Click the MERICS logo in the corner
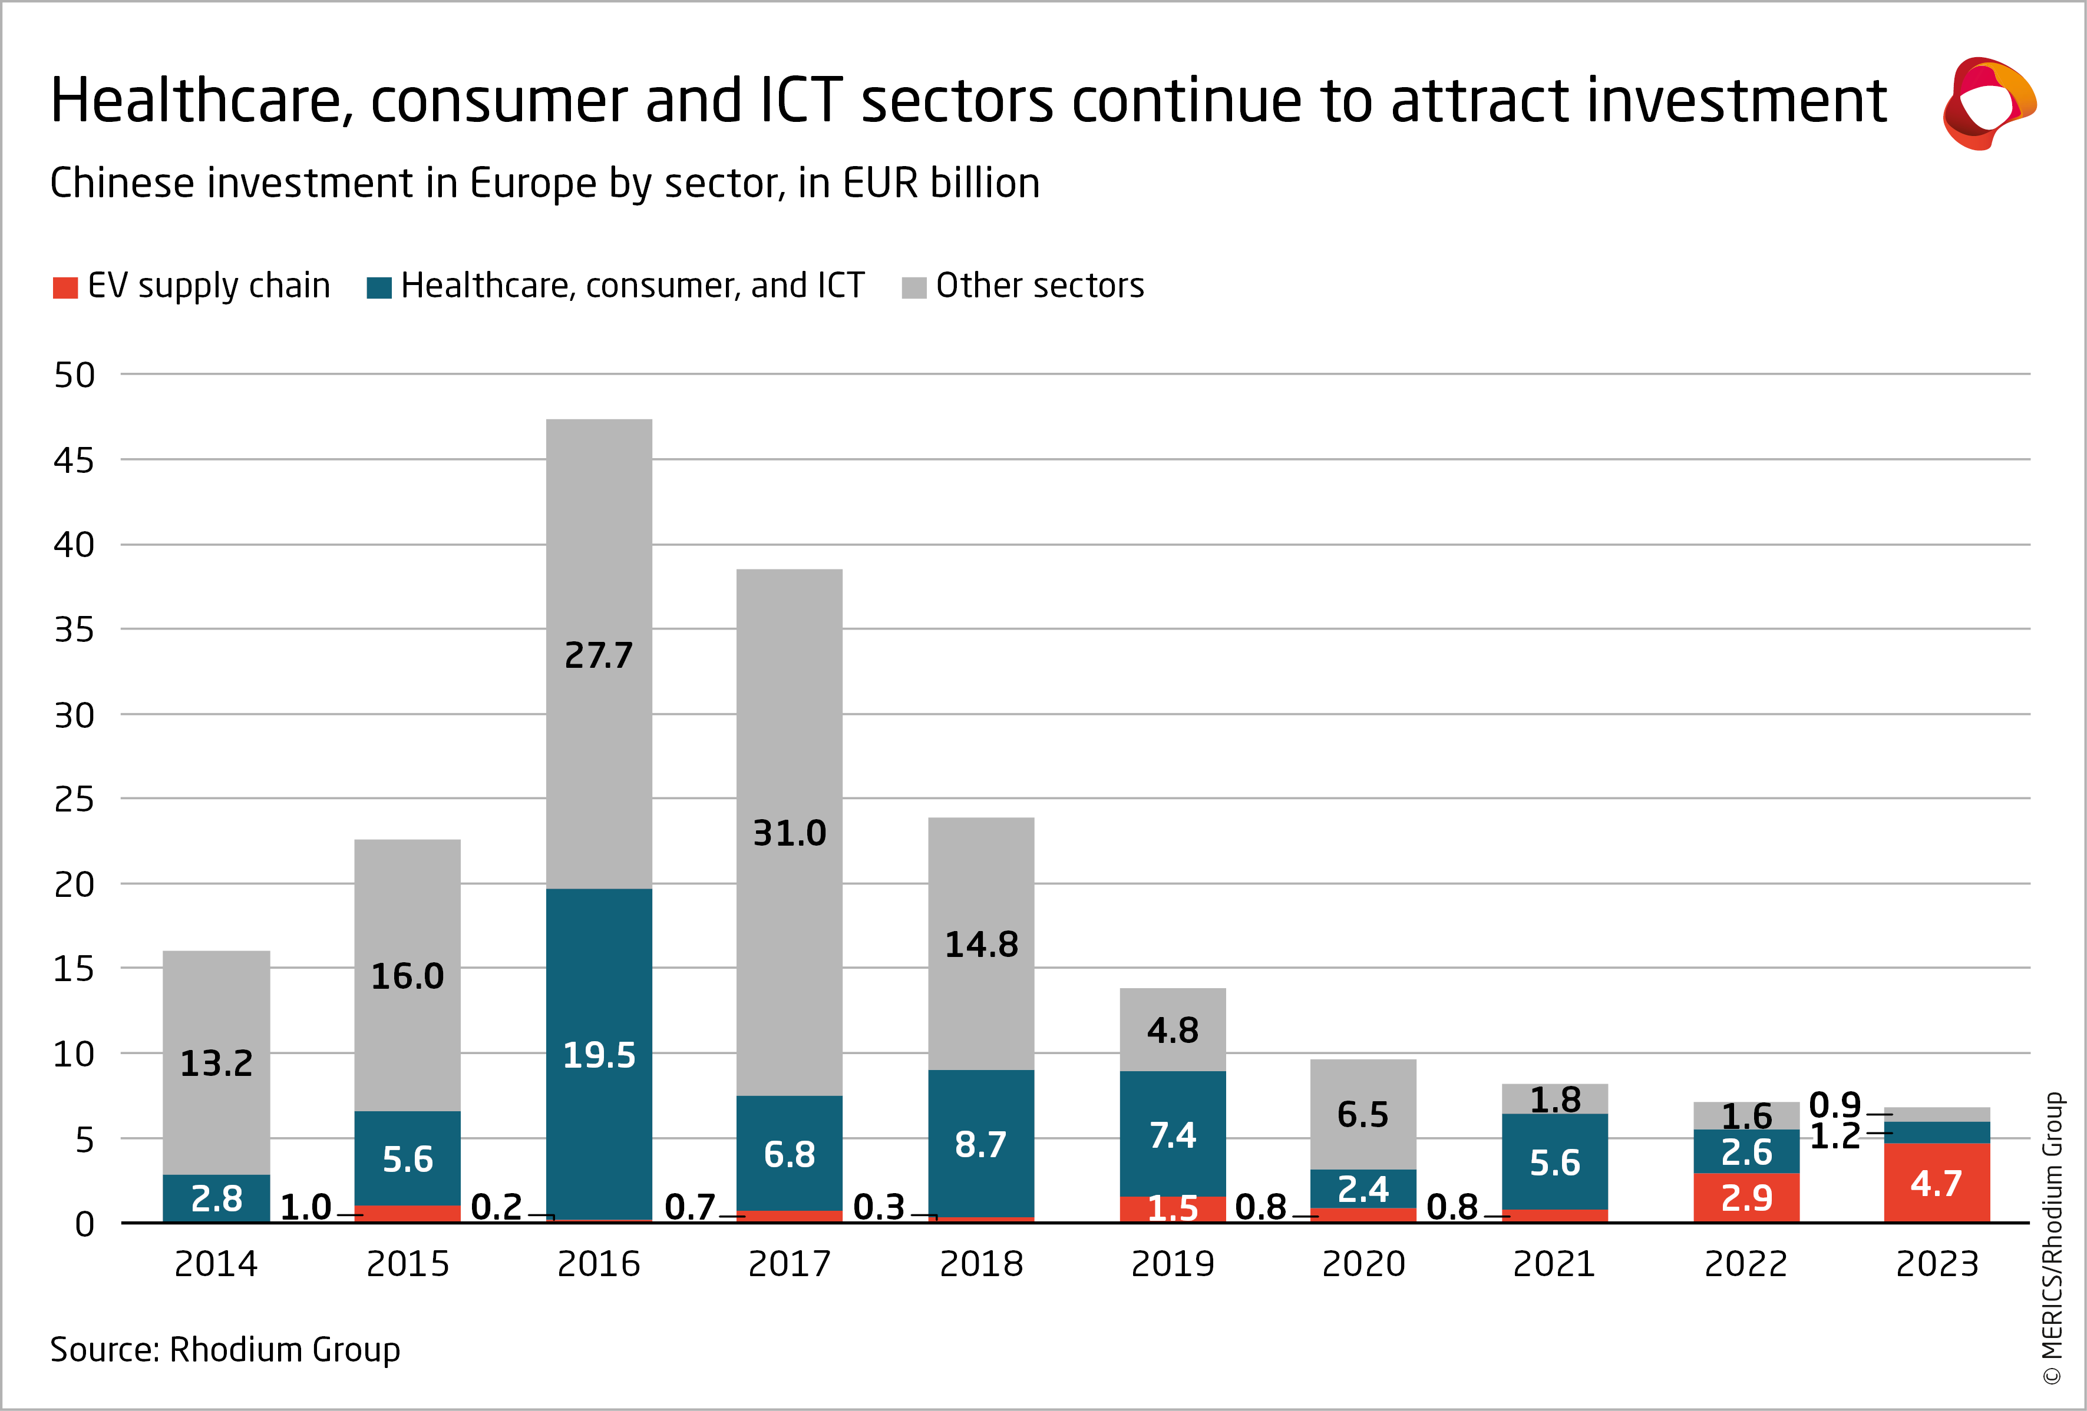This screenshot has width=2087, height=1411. click(1988, 103)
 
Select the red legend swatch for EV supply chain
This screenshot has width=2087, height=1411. click(65, 287)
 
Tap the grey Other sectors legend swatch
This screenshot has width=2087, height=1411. click(913, 287)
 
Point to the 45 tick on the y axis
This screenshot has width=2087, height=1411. click(74, 461)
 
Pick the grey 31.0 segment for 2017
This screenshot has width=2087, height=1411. click(790, 832)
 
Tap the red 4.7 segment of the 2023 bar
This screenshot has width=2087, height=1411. click(1936, 1183)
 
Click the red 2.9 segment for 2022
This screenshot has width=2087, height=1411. click(1746, 1197)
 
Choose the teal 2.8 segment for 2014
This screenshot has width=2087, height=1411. click(216, 1198)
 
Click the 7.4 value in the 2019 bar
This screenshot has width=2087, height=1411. click(1172, 1135)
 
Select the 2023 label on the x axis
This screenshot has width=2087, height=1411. click(1936, 1264)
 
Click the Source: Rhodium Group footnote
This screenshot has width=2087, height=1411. click(224, 1349)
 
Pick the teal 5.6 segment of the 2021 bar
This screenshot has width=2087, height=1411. click(1554, 1162)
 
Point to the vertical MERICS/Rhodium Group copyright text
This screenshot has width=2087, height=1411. click(2053, 1238)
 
